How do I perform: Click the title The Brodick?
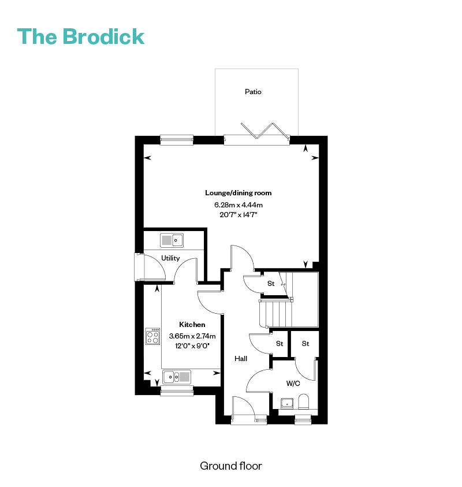(81, 36)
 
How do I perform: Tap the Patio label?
(253, 92)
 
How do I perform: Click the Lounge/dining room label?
(238, 193)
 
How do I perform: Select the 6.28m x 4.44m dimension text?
(239, 205)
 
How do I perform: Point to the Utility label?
(170, 258)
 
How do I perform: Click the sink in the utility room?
(172, 240)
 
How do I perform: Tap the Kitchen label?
(192, 325)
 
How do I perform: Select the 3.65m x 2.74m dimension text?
(192, 336)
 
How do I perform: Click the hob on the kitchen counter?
(153, 336)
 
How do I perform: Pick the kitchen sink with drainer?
(177, 377)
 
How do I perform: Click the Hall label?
(241, 358)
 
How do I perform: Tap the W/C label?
(293, 383)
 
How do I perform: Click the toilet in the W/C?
(303, 402)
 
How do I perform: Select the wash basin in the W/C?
(287, 403)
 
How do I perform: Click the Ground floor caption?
(230, 466)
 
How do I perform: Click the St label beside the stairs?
(271, 283)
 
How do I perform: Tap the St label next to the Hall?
(280, 344)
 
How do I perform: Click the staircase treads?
(276, 313)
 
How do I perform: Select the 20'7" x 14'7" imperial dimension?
(239, 215)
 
